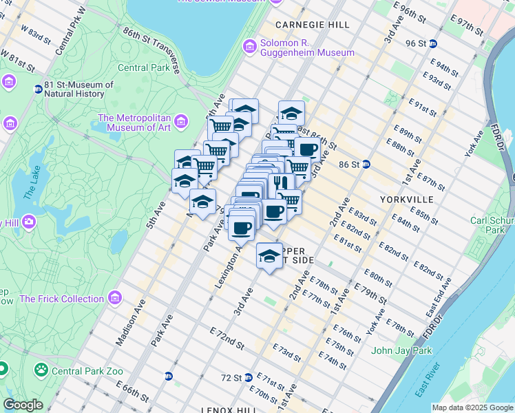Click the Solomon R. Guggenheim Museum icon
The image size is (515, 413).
[249, 47]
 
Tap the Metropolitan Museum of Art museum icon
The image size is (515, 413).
[182, 123]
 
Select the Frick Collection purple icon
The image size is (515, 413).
[114, 299]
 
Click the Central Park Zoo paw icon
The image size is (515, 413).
[42, 370]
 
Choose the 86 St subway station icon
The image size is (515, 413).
[367, 165]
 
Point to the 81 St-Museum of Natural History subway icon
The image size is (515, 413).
[38, 88]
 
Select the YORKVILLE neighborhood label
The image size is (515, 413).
[407, 199]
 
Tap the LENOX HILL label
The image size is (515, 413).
[226, 409]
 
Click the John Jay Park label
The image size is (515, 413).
[401, 350]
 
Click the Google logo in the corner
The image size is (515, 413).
[23, 405]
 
